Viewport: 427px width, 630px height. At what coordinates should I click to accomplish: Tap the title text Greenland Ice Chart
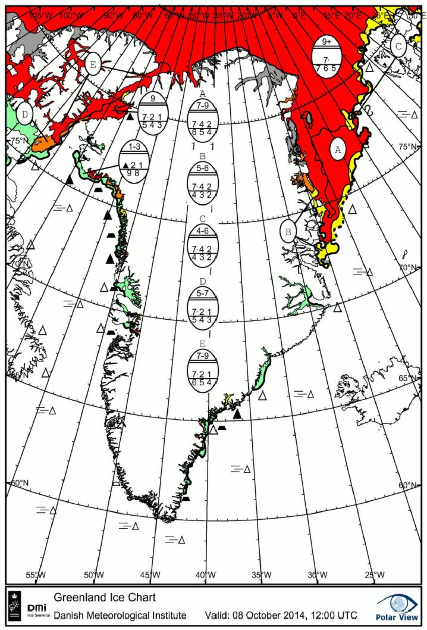coord(105,597)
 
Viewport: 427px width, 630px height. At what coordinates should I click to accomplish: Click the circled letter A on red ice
coord(338,149)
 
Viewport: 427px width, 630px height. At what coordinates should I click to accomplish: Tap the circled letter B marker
coord(288,232)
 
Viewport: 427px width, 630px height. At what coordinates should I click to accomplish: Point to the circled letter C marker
coord(398,46)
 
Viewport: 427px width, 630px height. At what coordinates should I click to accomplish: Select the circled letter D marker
coord(25,114)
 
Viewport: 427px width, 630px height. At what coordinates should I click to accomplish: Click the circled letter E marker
coord(93,65)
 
